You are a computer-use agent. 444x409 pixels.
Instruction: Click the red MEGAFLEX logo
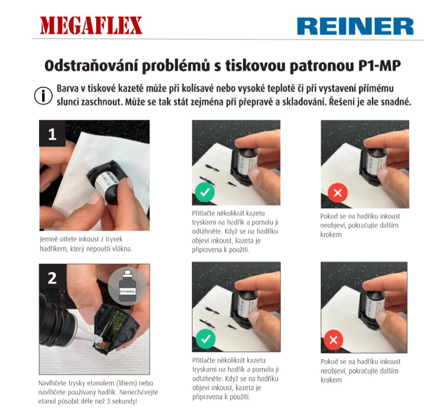click(x=91, y=26)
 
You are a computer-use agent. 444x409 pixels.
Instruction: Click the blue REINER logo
click(x=355, y=26)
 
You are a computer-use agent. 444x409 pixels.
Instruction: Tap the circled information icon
click(x=43, y=96)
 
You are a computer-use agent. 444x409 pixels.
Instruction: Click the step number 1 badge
click(x=52, y=134)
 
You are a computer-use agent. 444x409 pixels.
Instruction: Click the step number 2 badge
click(x=52, y=278)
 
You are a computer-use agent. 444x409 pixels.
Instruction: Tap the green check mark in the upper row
click(x=205, y=192)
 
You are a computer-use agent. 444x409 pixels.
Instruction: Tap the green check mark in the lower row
click(x=206, y=339)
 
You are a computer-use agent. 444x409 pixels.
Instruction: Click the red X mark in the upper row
click(x=338, y=193)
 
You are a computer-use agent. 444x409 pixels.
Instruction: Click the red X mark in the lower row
click(x=333, y=340)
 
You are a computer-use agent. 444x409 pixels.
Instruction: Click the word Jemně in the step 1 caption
click(x=49, y=239)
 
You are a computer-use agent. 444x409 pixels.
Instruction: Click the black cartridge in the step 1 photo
click(x=106, y=182)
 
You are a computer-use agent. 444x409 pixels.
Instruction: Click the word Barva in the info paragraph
click(x=68, y=88)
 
